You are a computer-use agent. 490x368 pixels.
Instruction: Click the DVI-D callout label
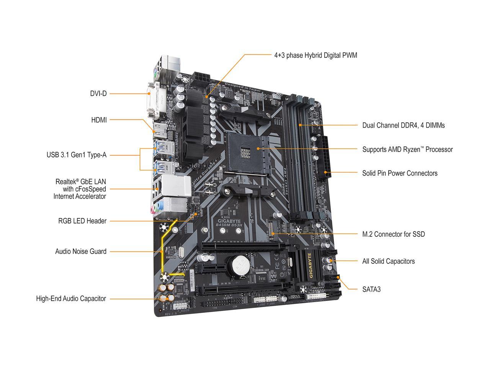(x=98, y=93)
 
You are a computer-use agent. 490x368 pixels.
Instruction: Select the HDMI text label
(x=99, y=120)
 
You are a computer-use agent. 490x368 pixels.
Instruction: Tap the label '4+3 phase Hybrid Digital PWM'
(x=315, y=55)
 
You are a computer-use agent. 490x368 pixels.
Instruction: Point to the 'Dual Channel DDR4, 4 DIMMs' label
(x=403, y=125)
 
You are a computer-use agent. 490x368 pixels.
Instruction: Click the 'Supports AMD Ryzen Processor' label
(x=407, y=149)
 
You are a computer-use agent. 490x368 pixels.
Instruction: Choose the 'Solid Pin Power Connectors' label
(x=400, y=173)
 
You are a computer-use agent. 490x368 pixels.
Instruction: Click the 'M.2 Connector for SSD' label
(x=394, y=234)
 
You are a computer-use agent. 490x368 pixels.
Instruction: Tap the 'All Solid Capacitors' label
(x=388, y=261)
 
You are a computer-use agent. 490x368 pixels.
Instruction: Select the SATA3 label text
(x=371, y=289)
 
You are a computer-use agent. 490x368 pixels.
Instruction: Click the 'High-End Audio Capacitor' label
(x=71, y=299)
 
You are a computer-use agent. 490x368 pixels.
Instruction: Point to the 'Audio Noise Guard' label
(x=81, y=252)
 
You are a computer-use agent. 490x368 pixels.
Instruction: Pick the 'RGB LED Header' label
(x=82, y=221)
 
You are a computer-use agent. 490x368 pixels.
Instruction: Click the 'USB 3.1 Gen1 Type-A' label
(x=77, y=155)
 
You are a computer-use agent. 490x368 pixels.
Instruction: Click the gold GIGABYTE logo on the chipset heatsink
(x=311, y=266)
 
